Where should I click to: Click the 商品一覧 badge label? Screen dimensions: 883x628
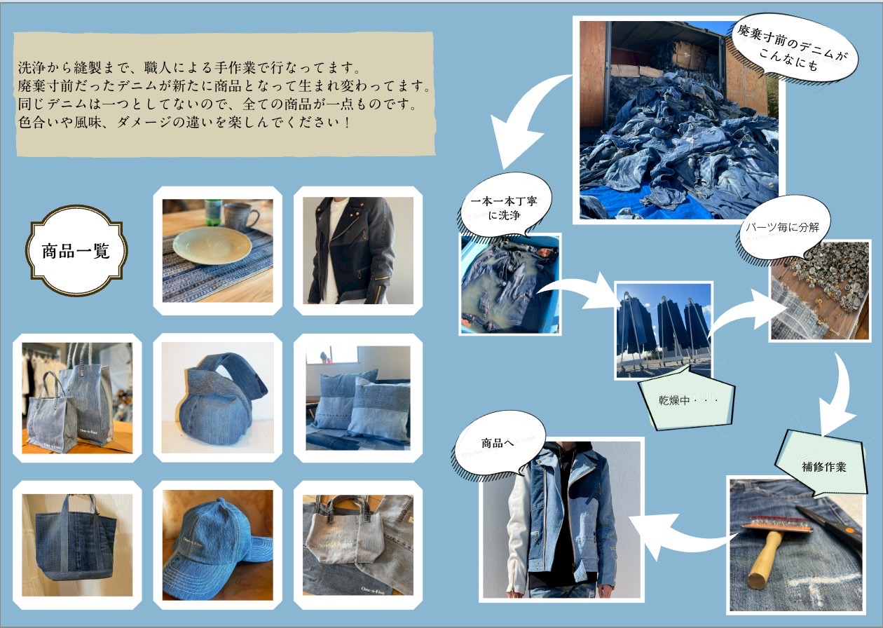pyautogui.click(x=76, y=251)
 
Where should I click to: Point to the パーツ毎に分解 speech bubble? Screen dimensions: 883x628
pyautogui.click(x=783, y=228)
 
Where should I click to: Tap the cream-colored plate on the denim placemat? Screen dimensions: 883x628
pyautogui.click(x=212, y=245)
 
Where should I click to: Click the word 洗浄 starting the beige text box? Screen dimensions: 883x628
pyautogui.click(x=32, y=68)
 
